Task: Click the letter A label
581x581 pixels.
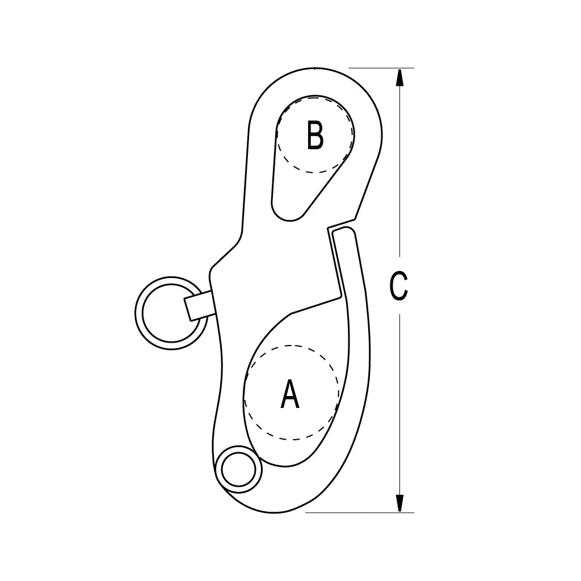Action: tap(290, 394)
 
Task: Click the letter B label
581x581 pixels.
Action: tap(315, 135)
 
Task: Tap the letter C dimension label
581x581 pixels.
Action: tap(399, 286)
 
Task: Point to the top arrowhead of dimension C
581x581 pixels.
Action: tap(399, 77)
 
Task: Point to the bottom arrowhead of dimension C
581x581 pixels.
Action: tap(399, 503)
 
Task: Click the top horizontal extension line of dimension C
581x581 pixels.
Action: tap(381, 68)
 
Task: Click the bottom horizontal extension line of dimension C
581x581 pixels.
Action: tap(359, 513)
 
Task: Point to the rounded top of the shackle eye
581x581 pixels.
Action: tap(315, 68)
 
